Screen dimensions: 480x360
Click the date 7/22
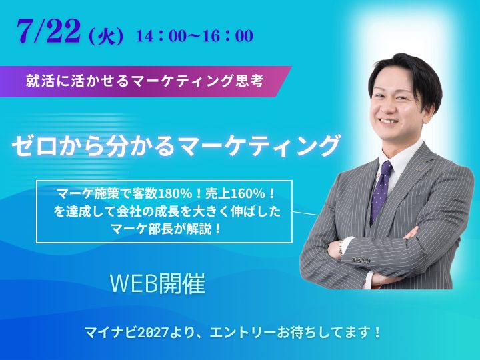pyautogui.click(x=49, y=32)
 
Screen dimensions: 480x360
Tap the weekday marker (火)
pyautogui.click(x=105, y=37)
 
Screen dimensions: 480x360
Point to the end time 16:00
pyautogui.click(x=229, y=36)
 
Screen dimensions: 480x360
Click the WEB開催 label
pyautogui.click(x=157, y=283)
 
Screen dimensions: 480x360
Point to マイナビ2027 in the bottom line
pyautogui.click(x=127, y=333)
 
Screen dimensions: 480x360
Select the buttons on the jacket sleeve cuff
pyautogui.click(x=361, y=260)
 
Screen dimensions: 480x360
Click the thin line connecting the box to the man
pyautogui.click(x=305, y=213)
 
